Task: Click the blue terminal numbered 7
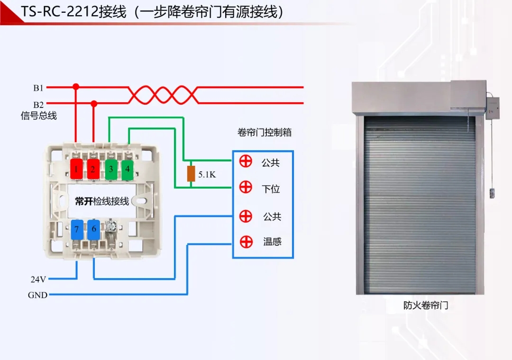77,229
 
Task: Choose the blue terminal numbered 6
94,229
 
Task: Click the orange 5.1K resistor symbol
191,174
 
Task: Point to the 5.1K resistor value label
207,175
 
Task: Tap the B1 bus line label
38,88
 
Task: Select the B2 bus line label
38,105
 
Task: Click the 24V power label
38,279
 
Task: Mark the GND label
37,295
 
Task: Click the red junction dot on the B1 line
76,87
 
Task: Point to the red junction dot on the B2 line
94,103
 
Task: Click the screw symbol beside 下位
246,187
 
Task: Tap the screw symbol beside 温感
246,242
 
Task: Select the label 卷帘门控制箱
265,133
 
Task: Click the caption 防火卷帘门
426,306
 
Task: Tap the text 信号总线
39,116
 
